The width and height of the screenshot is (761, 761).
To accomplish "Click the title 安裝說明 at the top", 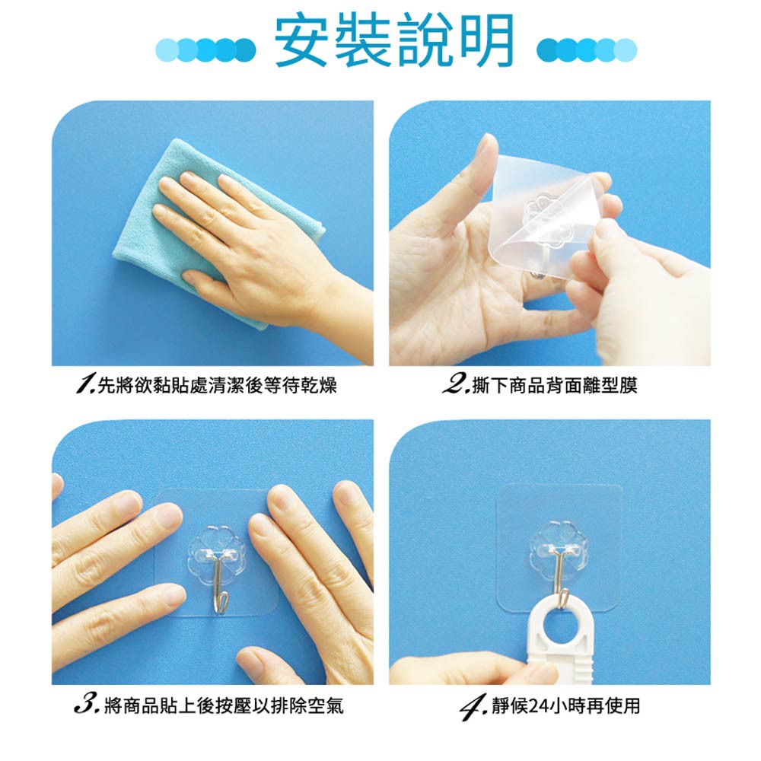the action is click(394, 41).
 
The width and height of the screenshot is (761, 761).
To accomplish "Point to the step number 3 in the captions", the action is click(87, 705).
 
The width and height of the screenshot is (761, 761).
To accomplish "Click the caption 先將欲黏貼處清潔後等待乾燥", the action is click(217, 385).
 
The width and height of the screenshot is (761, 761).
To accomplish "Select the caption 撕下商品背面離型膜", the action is click(554, 385).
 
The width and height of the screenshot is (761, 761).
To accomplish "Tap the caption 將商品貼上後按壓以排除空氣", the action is click(223, 705).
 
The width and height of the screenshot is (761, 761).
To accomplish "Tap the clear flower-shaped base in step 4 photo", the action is click(559, 547).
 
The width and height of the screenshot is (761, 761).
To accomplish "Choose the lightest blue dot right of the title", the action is click(626, 49).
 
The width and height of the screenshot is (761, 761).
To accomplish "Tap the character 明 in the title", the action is click(487, 41).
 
